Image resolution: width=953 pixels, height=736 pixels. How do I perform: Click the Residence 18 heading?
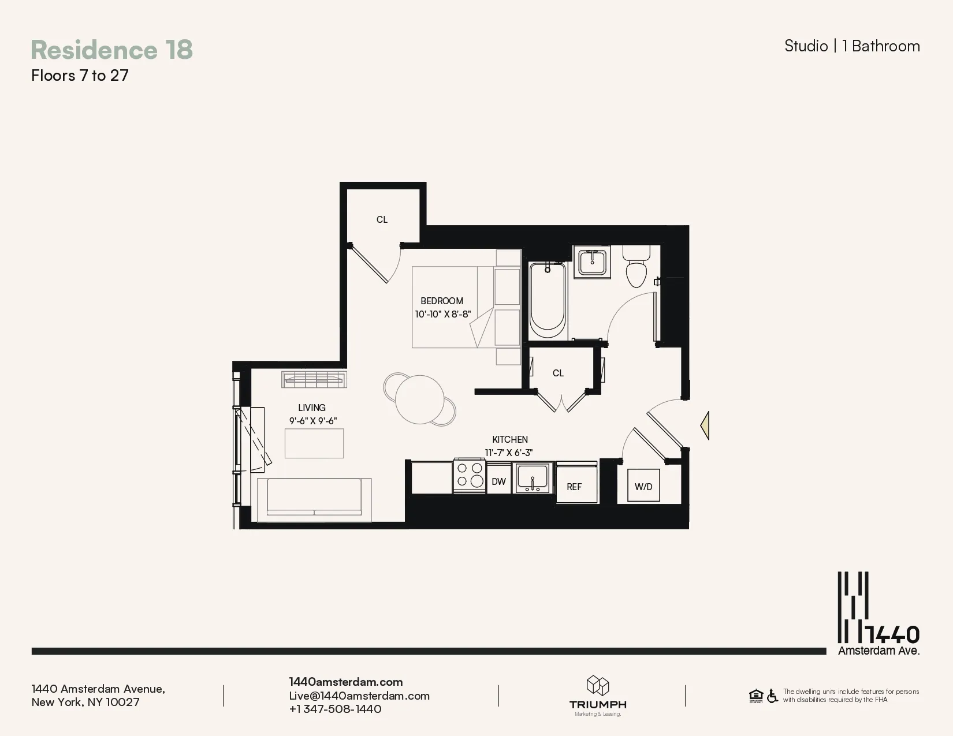point(111,50)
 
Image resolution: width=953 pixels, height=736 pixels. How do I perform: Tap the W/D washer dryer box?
point(643,486)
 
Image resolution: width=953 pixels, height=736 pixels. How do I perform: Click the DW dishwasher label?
point(498,481)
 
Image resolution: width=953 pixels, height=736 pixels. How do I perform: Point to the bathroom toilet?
point(636,269)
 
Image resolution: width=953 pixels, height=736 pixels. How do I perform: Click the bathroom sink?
point(592,263)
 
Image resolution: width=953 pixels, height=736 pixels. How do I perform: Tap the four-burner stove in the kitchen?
point(470,475)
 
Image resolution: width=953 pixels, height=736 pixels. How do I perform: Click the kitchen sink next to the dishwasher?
point(533,477)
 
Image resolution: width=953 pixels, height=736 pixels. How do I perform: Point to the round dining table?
point(420,399)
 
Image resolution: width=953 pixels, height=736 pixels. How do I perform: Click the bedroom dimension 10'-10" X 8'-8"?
point(442,315)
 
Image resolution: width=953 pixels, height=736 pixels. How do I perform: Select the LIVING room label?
point(312,408)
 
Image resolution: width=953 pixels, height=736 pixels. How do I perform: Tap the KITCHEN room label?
point(509,439)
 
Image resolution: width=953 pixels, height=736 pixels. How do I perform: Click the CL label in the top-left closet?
point(382,219)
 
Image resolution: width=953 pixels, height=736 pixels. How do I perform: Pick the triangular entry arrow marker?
point(705,426)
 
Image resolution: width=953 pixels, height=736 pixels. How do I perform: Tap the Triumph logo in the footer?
point(598,694)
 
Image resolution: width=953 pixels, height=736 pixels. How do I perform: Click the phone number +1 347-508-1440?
point(335,709)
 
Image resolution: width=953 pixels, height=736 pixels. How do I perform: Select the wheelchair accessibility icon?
point(772,696)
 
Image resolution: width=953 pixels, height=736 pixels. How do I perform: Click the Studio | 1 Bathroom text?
point(852,46)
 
